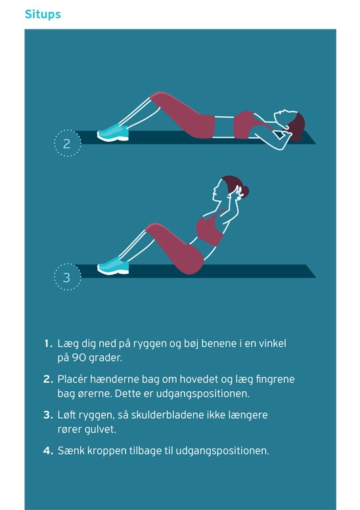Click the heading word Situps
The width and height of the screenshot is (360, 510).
pos(43,14)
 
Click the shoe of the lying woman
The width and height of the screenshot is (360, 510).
pos(113,133)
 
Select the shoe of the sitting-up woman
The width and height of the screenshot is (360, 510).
pos(113,266)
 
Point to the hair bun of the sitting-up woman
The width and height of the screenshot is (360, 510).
pos(244,192)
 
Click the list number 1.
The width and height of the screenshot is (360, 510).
pos(48,343)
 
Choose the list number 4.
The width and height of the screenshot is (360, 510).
pos(48,451)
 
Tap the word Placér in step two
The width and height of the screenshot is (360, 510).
pos(72,379)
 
